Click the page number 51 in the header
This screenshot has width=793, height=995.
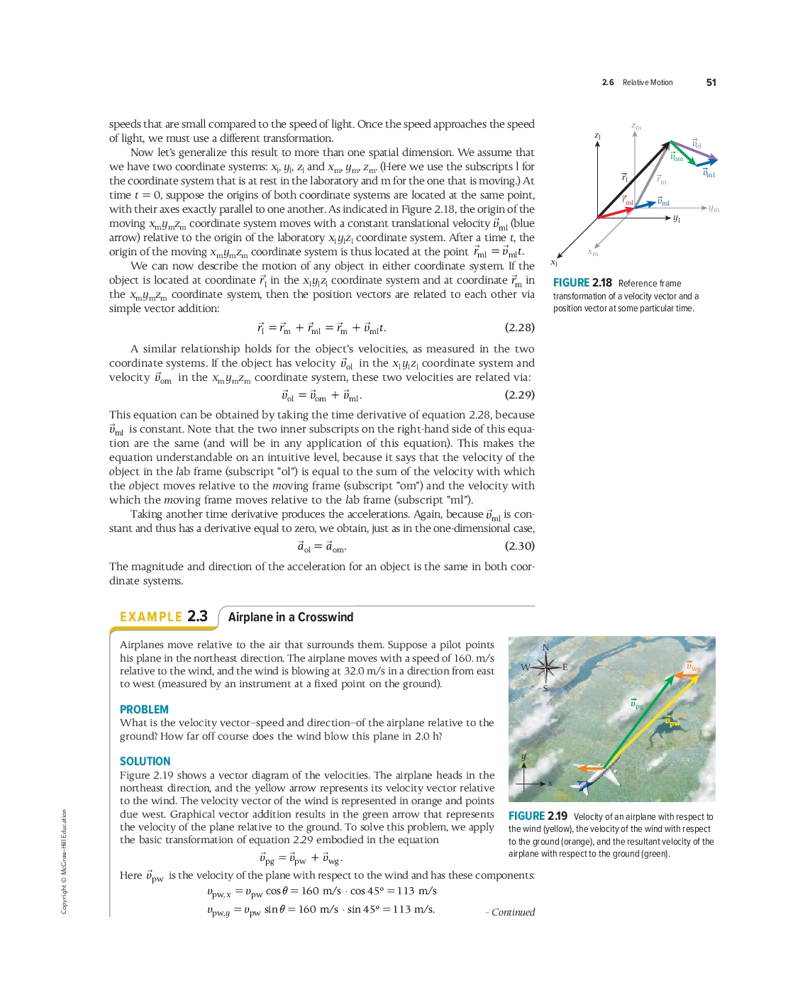click(711, 82)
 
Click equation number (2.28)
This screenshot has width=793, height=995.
click(519, 328)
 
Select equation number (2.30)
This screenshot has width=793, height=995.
click(519, 546)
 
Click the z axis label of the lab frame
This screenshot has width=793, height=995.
click(598, 135)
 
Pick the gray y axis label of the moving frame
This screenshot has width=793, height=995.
click(714, 209)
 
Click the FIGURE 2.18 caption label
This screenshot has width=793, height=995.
click(582, 283)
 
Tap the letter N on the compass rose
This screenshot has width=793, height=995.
click(545, 647)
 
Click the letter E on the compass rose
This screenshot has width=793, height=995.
click(565, 667)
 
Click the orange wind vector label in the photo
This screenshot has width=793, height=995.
click(693, 667)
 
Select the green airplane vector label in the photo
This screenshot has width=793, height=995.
click(637, 705)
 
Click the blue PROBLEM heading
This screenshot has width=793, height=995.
click(144, 709)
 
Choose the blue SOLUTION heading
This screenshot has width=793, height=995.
click(145, 761)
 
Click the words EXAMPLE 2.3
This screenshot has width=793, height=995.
click(164, 616)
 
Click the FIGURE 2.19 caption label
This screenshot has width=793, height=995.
click(538, 816)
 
